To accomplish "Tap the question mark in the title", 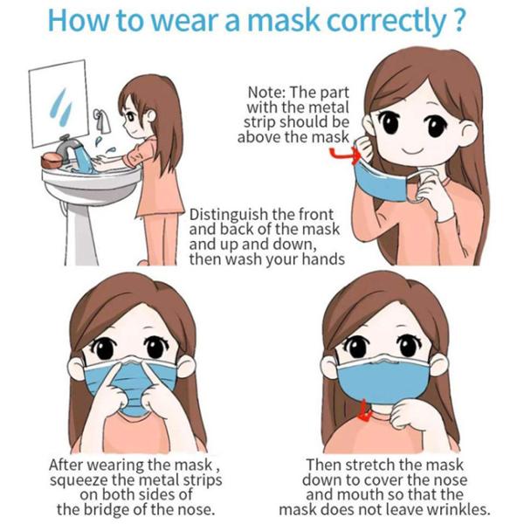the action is click(x=458, y=19).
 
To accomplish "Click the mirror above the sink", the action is click(x=59, y=103).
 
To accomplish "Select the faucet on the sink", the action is click(x=68, y=147).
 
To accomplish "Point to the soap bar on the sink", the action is click(x=52, y=161).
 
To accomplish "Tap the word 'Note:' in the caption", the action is click(x=266, y=93).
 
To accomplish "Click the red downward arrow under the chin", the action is click(x=365, y=411).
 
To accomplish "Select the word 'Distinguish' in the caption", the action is click(x=229, y=216).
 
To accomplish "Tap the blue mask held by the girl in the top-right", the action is click(x=381, y=182).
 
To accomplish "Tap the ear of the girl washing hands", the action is click(x=151, y=116).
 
